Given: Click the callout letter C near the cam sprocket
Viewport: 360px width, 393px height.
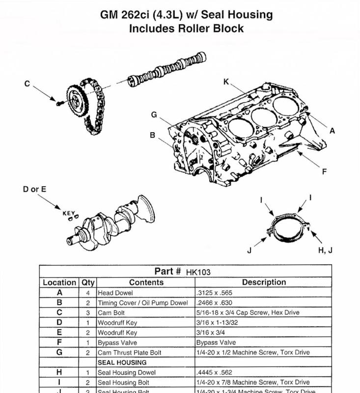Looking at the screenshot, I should tap(28, 84).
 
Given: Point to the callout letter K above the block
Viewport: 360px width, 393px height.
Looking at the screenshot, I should tap(226, 82).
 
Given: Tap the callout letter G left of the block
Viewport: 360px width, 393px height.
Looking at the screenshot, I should tap(154, 115).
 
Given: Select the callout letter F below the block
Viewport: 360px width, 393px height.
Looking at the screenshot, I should tap(324, 172).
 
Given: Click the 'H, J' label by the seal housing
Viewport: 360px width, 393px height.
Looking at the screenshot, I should tap(326, 250).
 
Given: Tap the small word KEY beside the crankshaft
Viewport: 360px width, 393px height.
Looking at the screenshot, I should tap(68, 213).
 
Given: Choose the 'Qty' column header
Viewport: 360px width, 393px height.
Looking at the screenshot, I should tap(88, 282).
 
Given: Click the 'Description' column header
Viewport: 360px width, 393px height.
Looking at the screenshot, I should tap(264, 282).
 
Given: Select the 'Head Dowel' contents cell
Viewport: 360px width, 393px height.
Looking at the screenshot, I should tap(112, 293).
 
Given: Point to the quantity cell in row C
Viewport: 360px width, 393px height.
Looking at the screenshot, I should tap(88, 312).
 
